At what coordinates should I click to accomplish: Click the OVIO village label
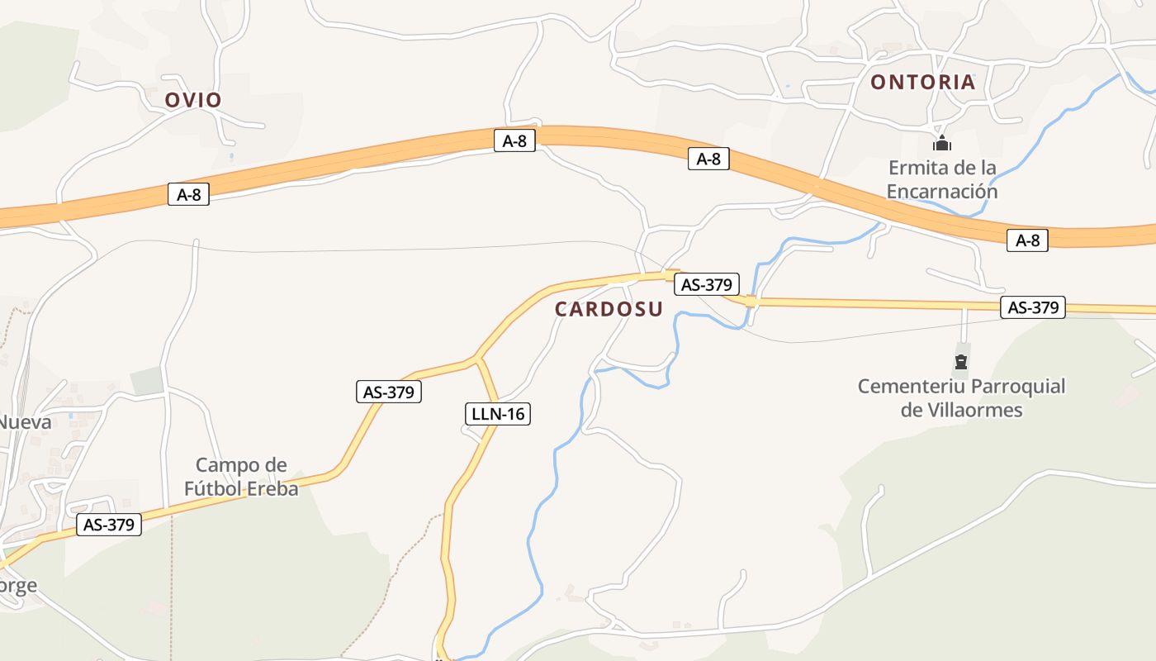click(193, 100)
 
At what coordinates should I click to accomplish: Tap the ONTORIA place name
click(923, 82)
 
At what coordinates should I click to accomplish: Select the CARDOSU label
click(609, 309)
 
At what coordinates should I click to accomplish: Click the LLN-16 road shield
click(496, 413)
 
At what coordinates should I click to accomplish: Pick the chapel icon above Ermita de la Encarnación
click(942, 143)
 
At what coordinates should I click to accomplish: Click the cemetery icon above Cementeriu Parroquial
click(960, 361)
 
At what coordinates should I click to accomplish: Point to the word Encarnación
click(942, 192)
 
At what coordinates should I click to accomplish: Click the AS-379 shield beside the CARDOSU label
click(706, 284)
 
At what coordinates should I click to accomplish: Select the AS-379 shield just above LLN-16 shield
click(389, 392)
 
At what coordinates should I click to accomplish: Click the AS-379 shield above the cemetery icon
click(1033, 307)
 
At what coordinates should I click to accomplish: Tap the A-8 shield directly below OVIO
click(188, 194)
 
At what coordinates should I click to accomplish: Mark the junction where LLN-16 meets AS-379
click(476, 359)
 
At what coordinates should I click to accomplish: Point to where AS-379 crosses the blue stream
click(751, 302)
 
